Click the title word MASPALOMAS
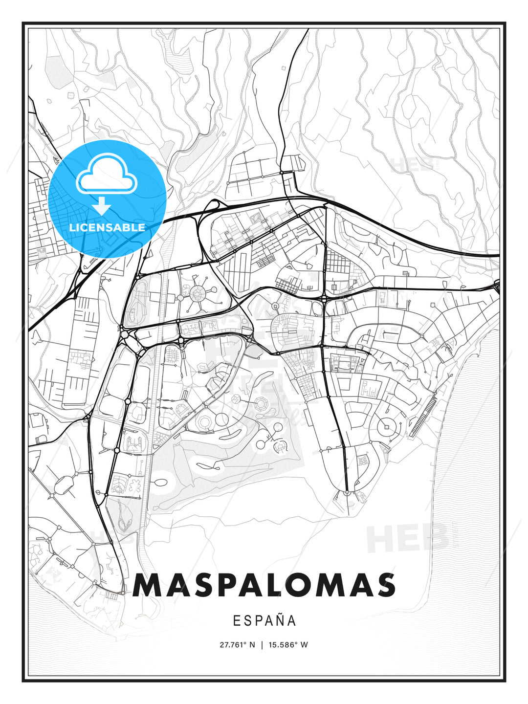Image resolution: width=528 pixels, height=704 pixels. [x=264, y=585]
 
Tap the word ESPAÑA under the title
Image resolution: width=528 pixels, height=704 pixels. [x=264, y=621]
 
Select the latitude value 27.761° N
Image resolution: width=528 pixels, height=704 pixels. [x=237, y=645]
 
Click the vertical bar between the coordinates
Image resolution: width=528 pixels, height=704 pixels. [x=263, y=645]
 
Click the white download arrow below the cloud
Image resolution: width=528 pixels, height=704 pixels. [x=102, y=205]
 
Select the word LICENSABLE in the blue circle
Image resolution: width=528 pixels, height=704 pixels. [x=107, y=227]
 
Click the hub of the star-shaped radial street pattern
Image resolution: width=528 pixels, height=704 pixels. [x=198, y=293]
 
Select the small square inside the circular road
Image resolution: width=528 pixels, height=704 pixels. [x=386, y=427]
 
